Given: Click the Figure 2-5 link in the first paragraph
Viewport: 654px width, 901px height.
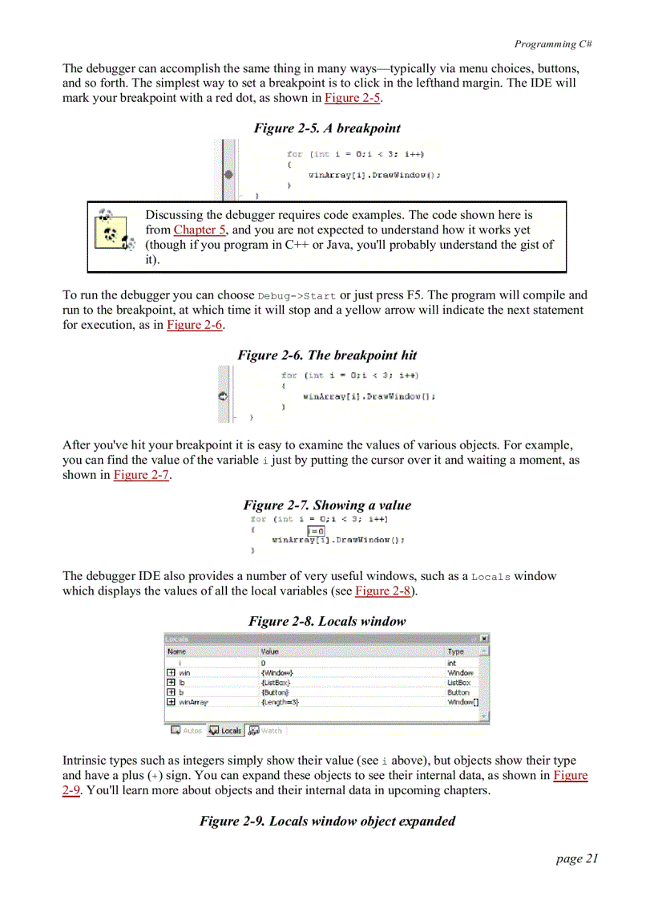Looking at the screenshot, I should [353, 98].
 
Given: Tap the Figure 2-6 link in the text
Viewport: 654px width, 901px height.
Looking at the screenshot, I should [195, 325].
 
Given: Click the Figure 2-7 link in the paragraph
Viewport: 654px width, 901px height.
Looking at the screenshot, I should [141, 475].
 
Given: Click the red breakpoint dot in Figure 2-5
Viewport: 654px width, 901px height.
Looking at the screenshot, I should [229, 173].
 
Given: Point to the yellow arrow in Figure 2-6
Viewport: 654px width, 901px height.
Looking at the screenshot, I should [224, 396].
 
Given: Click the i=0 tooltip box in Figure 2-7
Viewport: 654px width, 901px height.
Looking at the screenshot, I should [316, 530].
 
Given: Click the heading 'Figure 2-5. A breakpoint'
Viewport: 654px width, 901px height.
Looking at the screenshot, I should [327, 128].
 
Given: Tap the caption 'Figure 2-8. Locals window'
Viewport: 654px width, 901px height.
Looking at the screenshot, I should [327, 621].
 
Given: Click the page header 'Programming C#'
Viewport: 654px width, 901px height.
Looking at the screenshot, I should [553, 44].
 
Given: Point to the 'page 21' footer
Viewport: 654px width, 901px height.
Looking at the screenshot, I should [576, 858].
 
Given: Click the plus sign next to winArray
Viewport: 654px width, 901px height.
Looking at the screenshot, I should [171, 702].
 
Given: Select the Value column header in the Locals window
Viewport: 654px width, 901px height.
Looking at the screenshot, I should [270, 651].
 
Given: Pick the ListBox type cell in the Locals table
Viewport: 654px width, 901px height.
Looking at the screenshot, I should [458, 683].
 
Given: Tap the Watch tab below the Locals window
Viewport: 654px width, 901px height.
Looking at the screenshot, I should [266, 731].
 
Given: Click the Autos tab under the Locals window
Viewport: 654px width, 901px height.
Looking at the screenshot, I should [187, 731].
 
